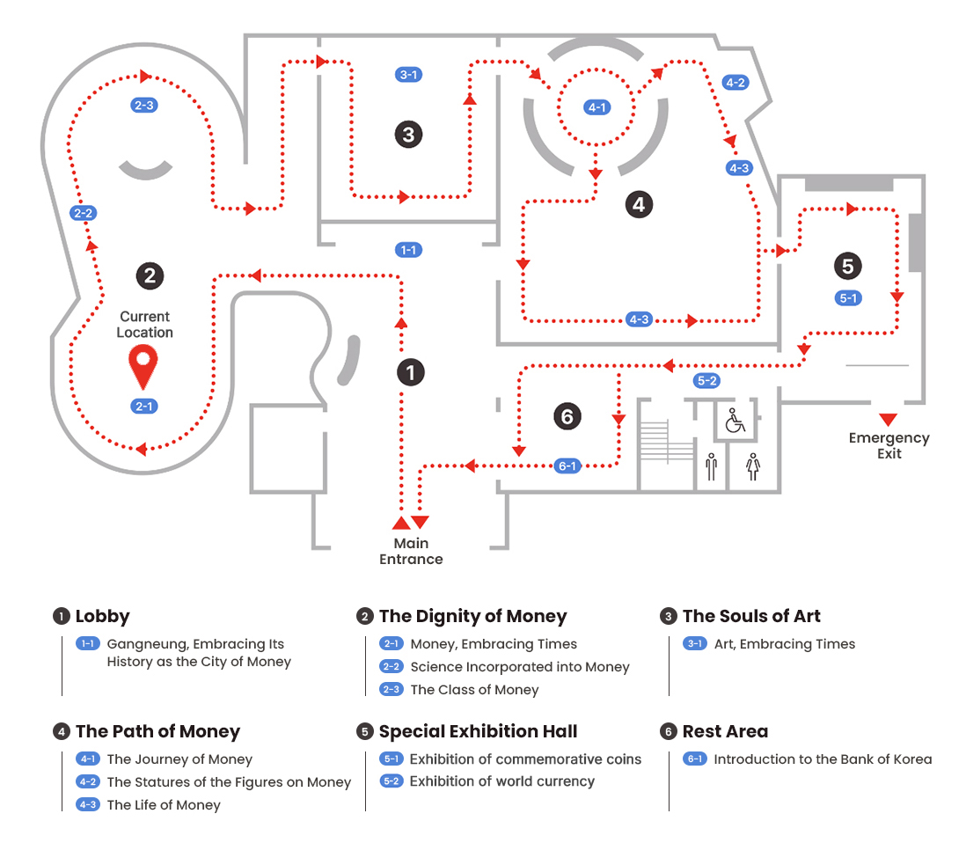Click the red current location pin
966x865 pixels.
pyautogui.click(x=143, y=365)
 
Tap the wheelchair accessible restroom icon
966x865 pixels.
pyautogui.click(x=735, y=421)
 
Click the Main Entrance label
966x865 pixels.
pyautogui.click(x=411, y=551)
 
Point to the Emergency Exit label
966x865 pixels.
pyautogui.click(x=889, y=445)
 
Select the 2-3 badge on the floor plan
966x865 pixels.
pyautogui.click(x=143, y=105)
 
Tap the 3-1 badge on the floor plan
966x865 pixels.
pyautogui.click(x=408, y=75)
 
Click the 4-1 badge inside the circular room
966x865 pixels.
pyautogui.click(x=597, y=107)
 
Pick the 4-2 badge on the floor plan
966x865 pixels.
pyautogui.click(x=735, y=83)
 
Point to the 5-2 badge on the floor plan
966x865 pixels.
pyautogui.click(x=706, y=381)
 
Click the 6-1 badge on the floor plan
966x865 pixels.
pyautogui.click(x=567, y=465)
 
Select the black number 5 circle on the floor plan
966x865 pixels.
pyautogui.click(x=847, y=265)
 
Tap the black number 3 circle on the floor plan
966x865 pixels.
pyautogui.click(x=407, y=135)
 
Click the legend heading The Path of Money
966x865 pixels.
pyautogui.click(x=157, y=731)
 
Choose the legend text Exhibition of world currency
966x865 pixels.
pyautogui.click(x=502, y=781)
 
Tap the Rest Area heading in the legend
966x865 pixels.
pyautogui.click(x=725, y=731)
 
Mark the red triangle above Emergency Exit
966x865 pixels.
pyautogui.click(x=888, y=419)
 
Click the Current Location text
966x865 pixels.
pyautogui.click(x=144, y=324)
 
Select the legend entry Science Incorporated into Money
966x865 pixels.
pyautogui.click(x=520, y=667)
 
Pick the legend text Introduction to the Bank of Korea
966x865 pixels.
pyautogui.click(x=823, y=759)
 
